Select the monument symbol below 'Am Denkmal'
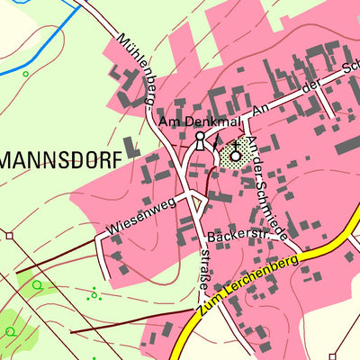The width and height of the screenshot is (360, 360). point(200,139)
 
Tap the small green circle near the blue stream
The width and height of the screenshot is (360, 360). point(25,74)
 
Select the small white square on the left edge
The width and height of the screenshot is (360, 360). point(9,235)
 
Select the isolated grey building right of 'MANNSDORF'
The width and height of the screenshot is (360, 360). point(132,148)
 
